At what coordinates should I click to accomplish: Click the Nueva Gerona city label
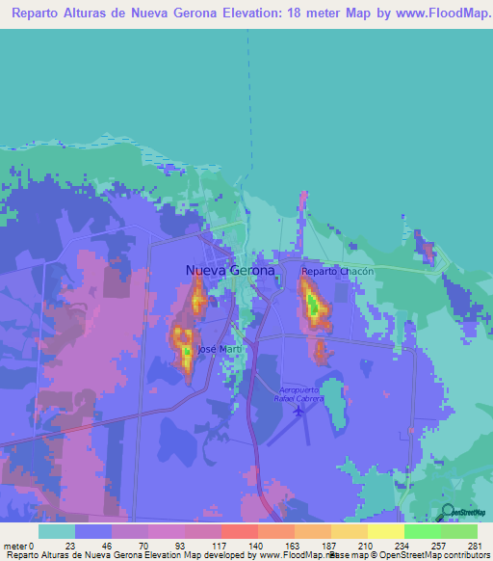229,271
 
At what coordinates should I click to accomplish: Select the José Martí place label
219,348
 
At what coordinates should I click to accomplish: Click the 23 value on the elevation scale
70,546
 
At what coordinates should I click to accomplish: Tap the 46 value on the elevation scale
107,546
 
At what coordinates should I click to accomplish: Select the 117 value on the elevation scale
216,546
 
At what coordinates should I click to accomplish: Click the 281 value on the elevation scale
473,546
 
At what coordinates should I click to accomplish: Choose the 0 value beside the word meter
31,546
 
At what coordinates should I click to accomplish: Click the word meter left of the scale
14,546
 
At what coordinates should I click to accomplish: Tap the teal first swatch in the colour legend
57,531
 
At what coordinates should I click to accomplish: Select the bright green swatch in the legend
422,531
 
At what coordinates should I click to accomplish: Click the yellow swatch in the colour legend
385,531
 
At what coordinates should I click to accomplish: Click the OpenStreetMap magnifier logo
449,513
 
